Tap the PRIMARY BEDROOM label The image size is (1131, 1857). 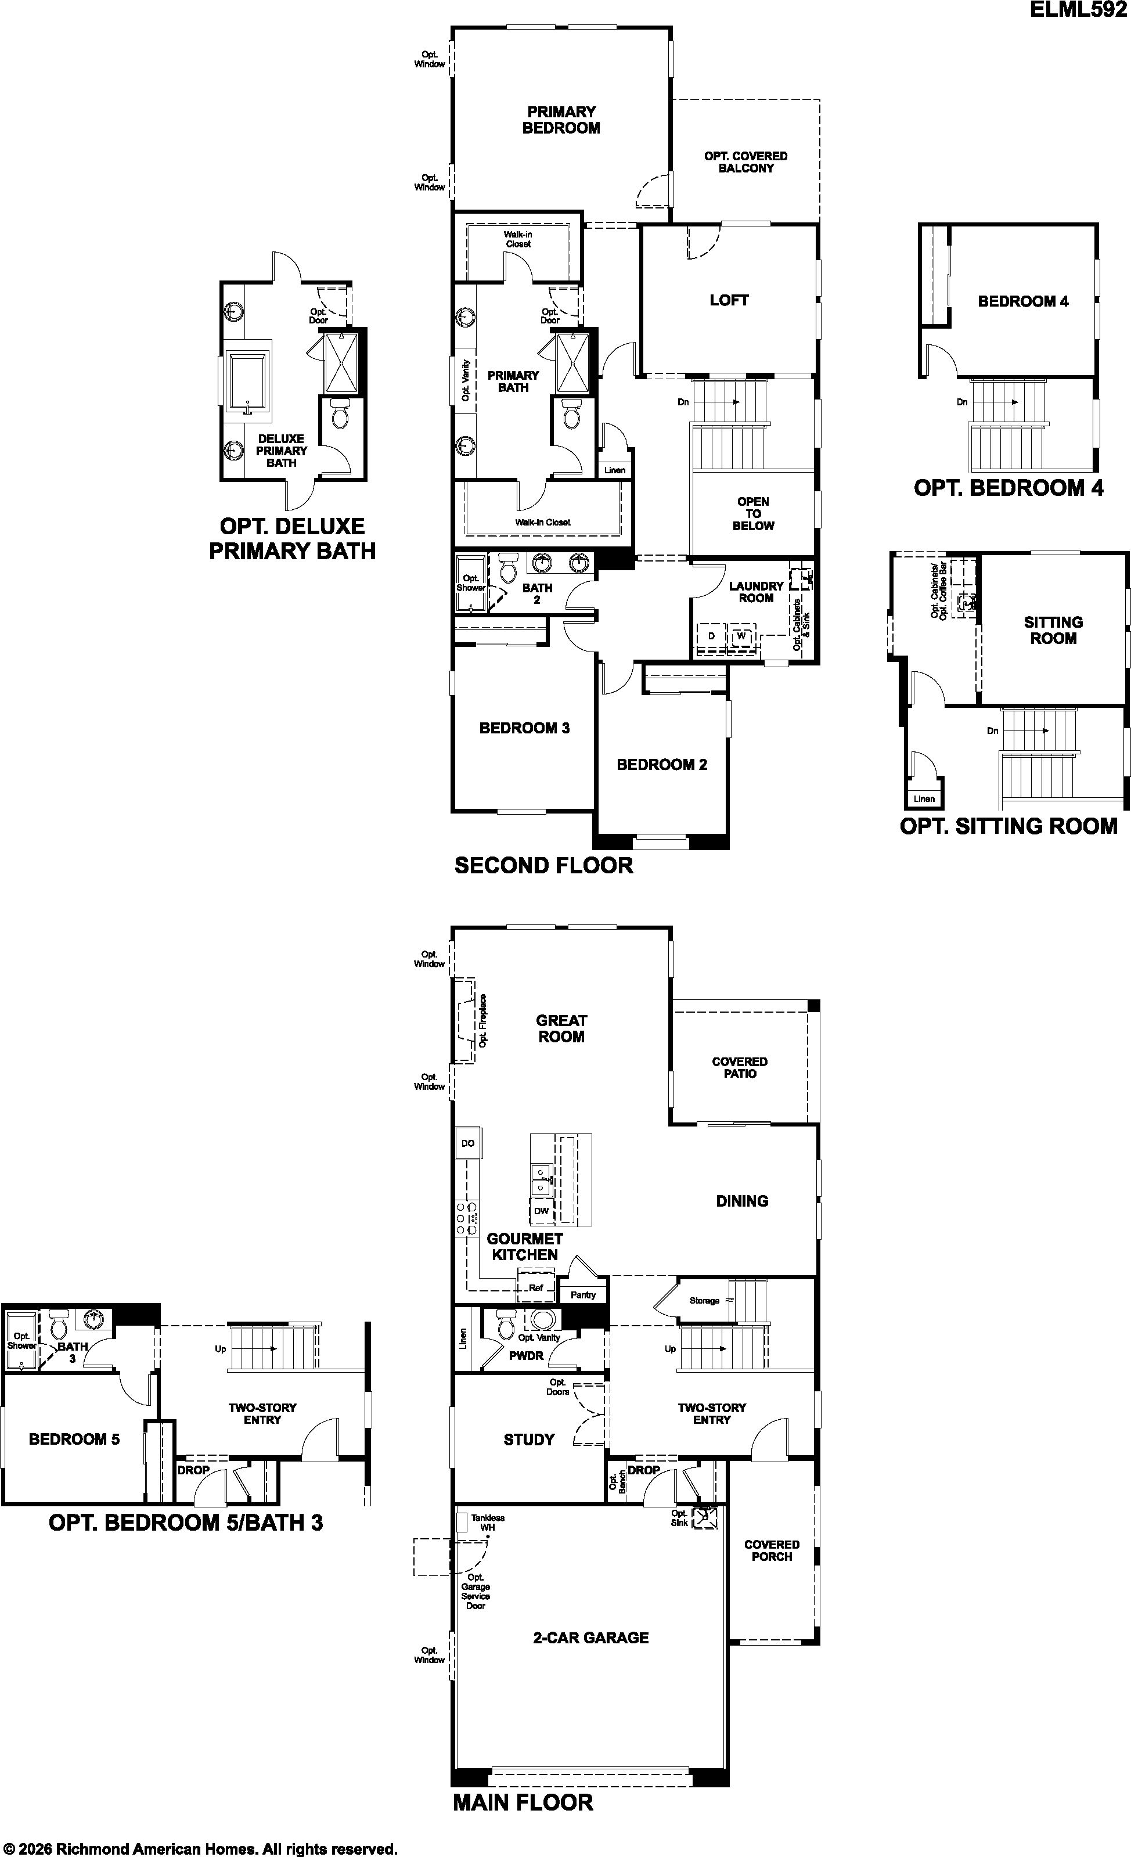[x=561, y=120]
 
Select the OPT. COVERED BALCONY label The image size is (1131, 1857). [x=746, y=162]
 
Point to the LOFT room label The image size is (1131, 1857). [x=729, y=300]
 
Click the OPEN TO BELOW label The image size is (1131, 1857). [x=754, y=513]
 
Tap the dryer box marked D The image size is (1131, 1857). [x=711, y=636]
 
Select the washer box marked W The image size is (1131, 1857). [x=741, y=636]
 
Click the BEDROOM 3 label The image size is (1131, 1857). [x=524, y=728]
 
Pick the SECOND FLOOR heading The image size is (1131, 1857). [x=544, y=865]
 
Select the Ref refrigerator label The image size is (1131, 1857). [x=536, y=1287]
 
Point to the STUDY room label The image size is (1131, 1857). [x=529, y=1439]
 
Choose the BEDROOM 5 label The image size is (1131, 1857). [x=74, y=1439]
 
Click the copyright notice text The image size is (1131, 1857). [x=200, y=1849]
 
